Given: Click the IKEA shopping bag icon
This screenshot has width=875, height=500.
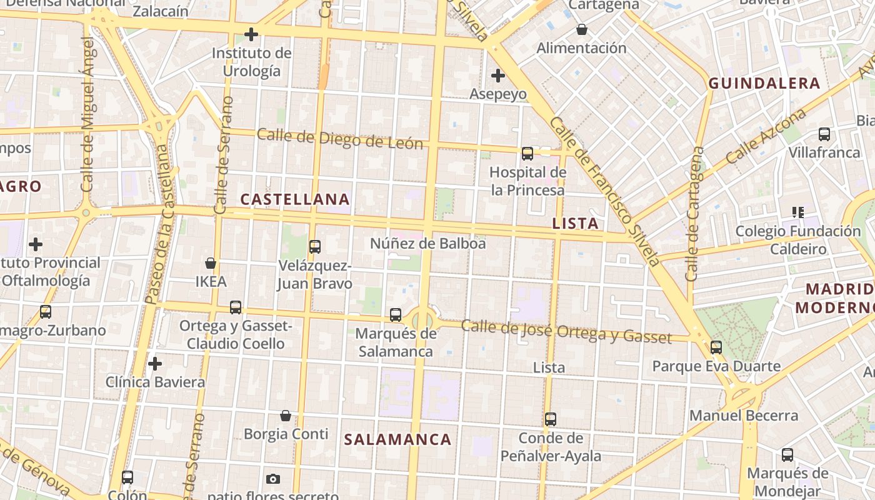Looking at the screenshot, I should tap(211, 263).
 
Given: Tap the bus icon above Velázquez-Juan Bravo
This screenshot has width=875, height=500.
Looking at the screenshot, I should tap(315, 247).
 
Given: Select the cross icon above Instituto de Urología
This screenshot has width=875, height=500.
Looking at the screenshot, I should tap(251, 34).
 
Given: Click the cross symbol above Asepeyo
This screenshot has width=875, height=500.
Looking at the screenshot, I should tap(498, 76).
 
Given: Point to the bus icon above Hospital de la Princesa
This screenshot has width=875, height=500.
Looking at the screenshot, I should tap(527, 154).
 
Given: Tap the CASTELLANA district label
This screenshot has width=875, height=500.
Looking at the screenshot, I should tap(295, 199).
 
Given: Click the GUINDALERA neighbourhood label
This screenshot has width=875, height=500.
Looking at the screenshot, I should tap(764, 83).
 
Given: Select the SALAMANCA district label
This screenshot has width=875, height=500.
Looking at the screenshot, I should tap(397, 439).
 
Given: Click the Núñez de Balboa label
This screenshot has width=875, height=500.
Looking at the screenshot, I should tap(428, 243).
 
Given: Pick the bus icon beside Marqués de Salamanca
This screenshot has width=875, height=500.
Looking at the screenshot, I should tap(396, 315).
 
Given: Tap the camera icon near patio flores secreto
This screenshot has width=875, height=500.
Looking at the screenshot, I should tap(272, 479).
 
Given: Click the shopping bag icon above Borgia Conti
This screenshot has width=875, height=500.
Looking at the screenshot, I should tap(286, 416).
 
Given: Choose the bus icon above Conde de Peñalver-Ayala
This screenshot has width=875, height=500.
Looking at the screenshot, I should tap(551, 419).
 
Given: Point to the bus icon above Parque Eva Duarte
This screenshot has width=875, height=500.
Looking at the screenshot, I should tap(716, 347).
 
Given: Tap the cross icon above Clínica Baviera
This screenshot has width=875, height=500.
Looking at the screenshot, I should tap(155, 363).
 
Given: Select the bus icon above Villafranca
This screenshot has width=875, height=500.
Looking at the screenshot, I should tap(824, 134).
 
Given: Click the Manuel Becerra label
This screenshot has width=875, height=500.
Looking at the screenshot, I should tap(744, 416).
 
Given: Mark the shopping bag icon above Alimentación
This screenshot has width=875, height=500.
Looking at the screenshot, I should tap(582, 29).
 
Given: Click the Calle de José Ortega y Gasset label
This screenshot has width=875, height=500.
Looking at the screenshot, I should tap(566, 332).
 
